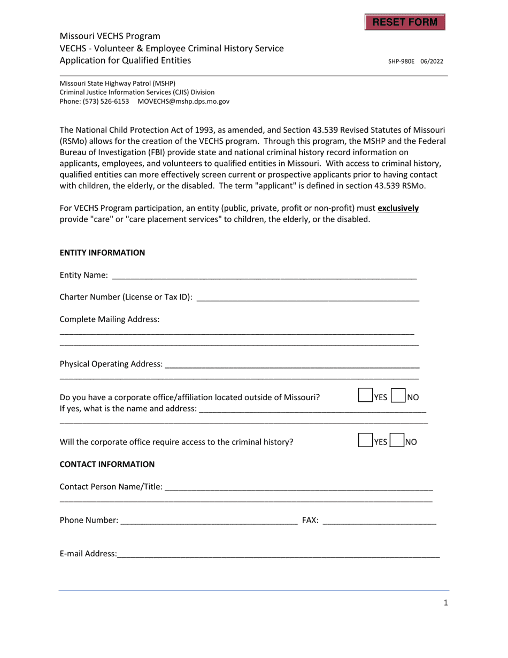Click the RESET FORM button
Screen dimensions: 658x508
[x=405, y=22]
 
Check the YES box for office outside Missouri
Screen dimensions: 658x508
[x=365, y=396]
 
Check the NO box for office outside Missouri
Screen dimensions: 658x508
[x=398, y=396]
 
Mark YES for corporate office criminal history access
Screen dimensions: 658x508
[x=365, y=440]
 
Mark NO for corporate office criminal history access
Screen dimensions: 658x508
[x=397, y=440]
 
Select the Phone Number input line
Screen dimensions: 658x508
[x=209, y=519]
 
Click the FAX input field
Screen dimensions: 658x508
[x=379, y=519]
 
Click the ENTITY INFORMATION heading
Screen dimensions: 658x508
[x=102, y=253]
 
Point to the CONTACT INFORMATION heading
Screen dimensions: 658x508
[x=107, y=464]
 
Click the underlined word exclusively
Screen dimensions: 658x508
[x=398, y=208]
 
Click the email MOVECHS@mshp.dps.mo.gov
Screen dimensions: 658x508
[x=183, y=101]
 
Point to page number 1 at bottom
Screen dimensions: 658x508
[x=446, y=603]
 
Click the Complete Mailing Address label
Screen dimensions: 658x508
[x=109, y=319]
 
